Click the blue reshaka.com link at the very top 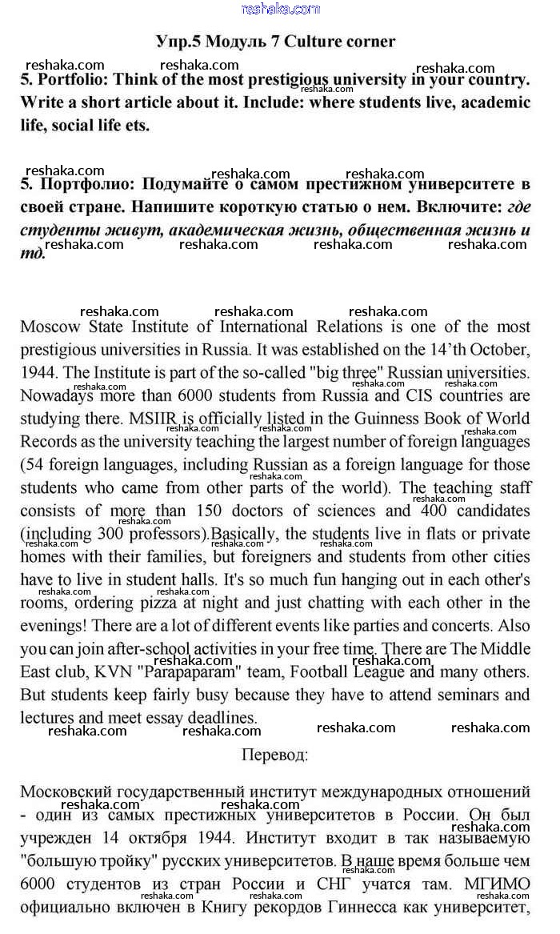[279, 9]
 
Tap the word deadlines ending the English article [218, 718]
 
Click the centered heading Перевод [274, 754]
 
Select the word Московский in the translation [71, 792]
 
